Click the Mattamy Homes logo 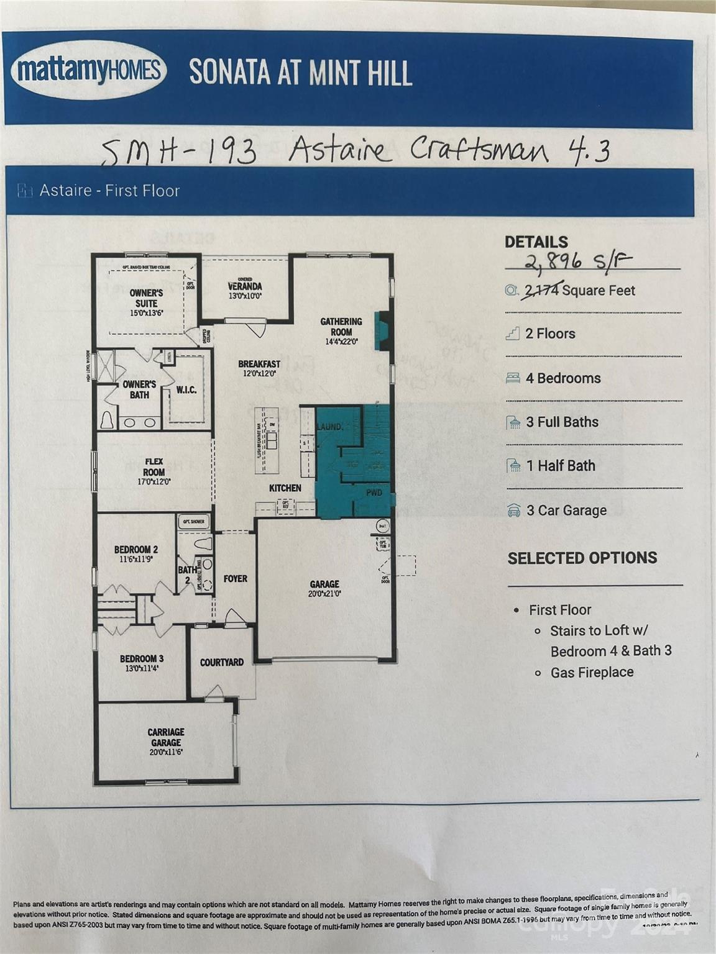pos(89,70)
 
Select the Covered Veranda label pos(244,287)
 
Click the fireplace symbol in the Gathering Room pos(382,332)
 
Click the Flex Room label pos(154,471)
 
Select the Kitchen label pos(285,488)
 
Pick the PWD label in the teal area pos(374,493)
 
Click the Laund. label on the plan pos(329,427)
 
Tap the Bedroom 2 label pos(135,553)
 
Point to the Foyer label pos(236,579)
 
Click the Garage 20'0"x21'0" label pos(324,588)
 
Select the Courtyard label pos(221,663)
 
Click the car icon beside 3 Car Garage pos(513,511)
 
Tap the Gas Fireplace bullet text pos(592,673)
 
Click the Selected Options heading pos(582,558)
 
